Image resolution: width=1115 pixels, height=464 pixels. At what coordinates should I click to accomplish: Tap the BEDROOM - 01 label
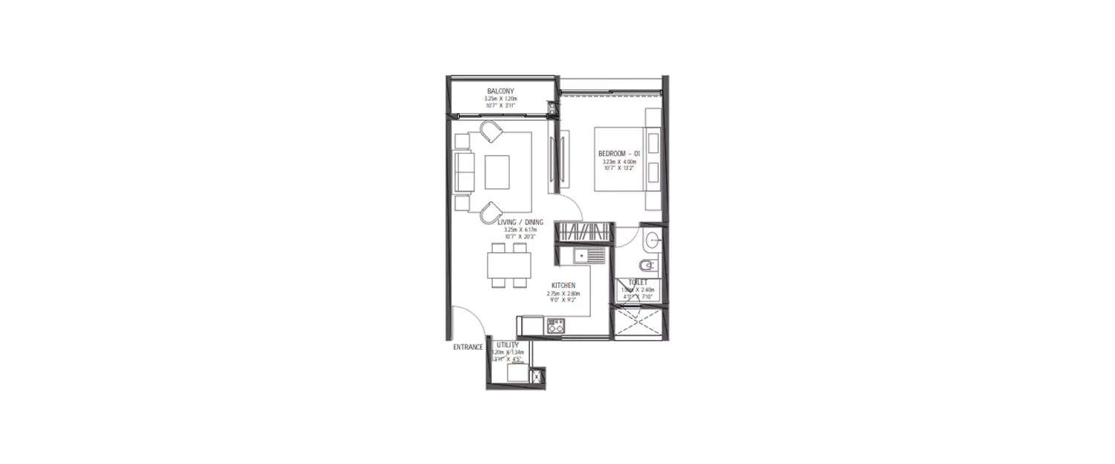pyautogui.click(x=618, y=154)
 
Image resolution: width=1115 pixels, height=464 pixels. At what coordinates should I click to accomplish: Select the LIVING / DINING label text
pyautogui.click(x=520, y=221)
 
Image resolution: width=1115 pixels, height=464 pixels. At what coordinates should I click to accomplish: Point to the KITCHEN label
pyautogui.click(x=563, y=285)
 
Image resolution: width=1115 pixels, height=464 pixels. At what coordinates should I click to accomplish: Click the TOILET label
pyautogui.click(x=638, y=283)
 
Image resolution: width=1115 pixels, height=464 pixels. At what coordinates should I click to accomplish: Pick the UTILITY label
pyautogui.click(x=508, y=345)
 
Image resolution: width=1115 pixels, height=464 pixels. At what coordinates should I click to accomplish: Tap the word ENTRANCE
pyautogui.click(x=468, y=347)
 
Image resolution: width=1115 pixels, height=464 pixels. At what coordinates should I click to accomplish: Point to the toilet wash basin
pyautogui.click(x=652, y=239)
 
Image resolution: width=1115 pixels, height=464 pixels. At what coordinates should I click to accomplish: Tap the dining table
pyautogui.click(x=509, y=264)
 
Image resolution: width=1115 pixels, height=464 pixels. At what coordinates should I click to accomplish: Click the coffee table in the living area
pyautogui.click(x=497, y=171)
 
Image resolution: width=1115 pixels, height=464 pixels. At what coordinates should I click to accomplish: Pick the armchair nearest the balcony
pyautogui.click(x=491, y=132)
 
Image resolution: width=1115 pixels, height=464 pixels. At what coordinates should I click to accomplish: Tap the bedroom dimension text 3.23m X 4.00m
pyautogui.click(x=618, y=161)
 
